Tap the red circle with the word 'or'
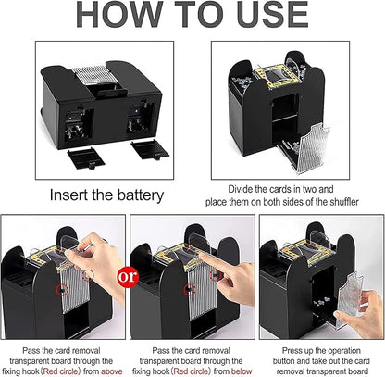click(128, 276)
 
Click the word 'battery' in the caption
click(141, 195)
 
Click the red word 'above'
click(112, 371)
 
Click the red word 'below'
click(242, 371)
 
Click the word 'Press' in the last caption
click(293, 351)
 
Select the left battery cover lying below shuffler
click(86, 158)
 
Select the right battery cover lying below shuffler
click(150, 150)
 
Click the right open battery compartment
click(141, 119)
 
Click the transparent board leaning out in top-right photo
click(312, 147)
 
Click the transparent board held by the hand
click(350, 295)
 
